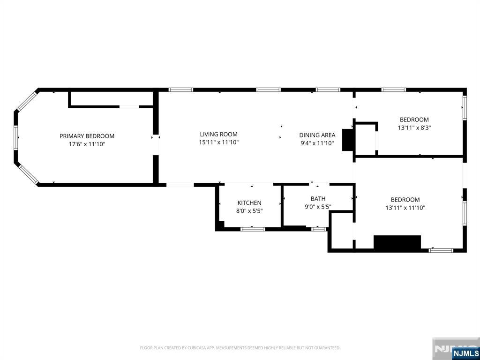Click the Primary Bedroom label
pyautogui.click(x=87, y=136)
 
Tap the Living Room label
pyautogui.click(x=218, y=134)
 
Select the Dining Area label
pyautogui.click(x=317, y=135)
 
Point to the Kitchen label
pyautogui.click(x=249, y=202)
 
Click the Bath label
pyautogui.click(x=318, y=199)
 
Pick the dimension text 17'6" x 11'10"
pyautogui.click(x=87, y=144)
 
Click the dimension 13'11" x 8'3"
pyautogui.click(x=414, y=127)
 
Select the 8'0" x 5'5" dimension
pyautogui.click(x=249, y=210)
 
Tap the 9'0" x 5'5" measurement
pyautogui.click(x=318, y=207)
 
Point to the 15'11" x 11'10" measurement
pyautogui.click(x=218, y=142)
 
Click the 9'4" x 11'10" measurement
pyautogui.click(x=317, y=143)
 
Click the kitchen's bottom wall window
pyautogui.click(x=253, y=229)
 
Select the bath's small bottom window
pyautogui.click(x=319, y=229)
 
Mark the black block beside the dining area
pyautogui.click(x=347, y=140)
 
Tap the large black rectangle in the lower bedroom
pyautogui.click(x=397, y=242)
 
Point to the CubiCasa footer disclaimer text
pyautogui.click(x=240, y=348)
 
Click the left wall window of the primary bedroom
pyautogui.click(x=16, y=137)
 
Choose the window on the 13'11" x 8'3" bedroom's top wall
pyautogui.click(x=393, y=90)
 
